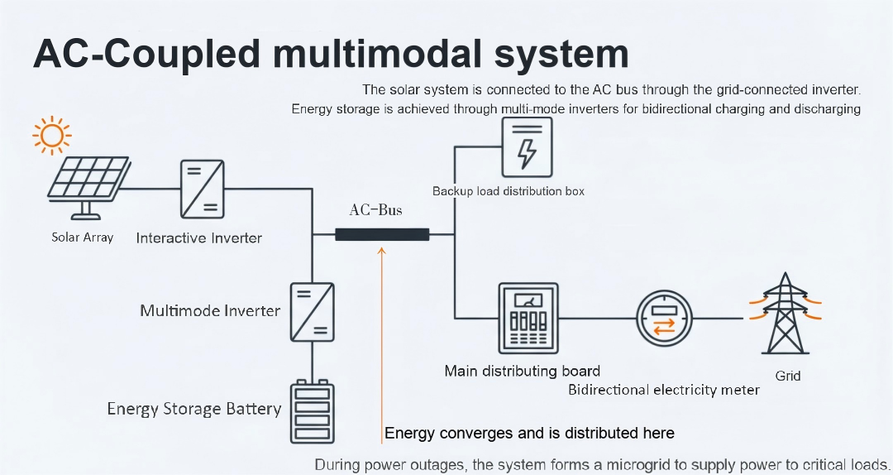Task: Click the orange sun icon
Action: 51,134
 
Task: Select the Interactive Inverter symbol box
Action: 203,188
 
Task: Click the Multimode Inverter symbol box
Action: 312,312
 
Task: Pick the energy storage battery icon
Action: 312,411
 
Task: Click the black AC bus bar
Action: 382,234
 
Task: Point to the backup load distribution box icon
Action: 527,146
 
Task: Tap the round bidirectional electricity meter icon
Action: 664,319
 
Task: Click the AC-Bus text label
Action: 375,210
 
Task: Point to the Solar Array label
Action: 82,237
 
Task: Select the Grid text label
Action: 788,376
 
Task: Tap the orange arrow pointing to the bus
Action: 381,331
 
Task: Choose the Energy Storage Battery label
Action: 194,409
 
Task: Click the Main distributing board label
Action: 522,371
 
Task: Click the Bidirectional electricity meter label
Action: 663,390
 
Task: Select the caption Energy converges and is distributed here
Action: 529,434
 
